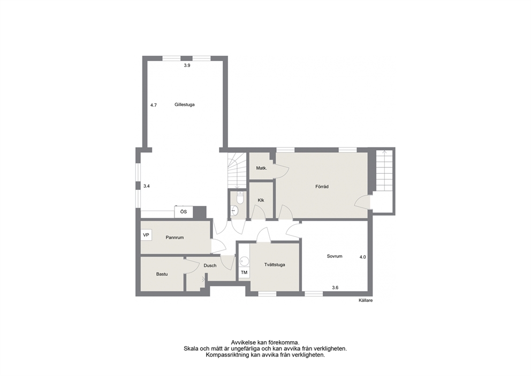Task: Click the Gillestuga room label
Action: point(185,105)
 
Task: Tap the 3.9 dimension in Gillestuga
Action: point(187,65)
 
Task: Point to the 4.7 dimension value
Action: point(154,105)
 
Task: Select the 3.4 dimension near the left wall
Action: point(146,186)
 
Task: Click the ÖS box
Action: point(184,212)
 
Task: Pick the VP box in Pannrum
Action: point(146,235)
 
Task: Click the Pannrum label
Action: point(175,238)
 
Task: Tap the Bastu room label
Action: point(162,274)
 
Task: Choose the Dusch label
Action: point(210,266)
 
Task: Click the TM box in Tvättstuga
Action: point(244,272)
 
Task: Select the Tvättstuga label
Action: point(275,264)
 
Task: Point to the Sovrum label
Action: point(335,256)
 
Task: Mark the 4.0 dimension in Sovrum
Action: point(363,257)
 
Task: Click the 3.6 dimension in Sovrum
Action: point(335,288)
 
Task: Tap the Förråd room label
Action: point(322,187)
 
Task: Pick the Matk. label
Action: point(261,168)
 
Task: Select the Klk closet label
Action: point(261,200)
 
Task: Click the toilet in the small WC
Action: point(240,197)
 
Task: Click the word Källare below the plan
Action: point(366,300)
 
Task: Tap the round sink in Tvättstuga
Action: point(244,261)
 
